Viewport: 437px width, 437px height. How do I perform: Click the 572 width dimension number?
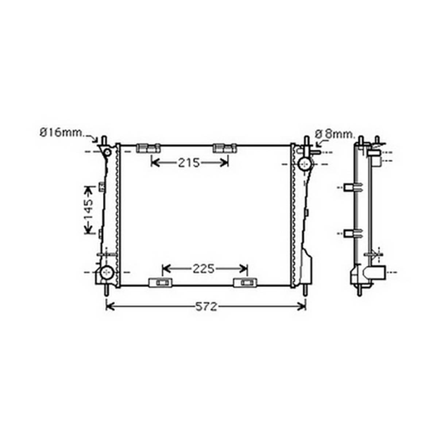point(206,306)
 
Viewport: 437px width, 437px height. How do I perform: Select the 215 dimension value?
point(189,163)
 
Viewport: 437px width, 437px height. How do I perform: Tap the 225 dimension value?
point(204,269)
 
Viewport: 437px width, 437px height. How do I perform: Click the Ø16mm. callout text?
point(62,133)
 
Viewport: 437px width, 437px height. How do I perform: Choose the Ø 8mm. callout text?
point(335,134)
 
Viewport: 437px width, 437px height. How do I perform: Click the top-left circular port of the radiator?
point(107,152)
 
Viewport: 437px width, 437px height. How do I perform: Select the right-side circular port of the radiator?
point(305,164)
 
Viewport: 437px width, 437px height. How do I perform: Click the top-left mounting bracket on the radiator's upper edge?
point(148,148)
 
